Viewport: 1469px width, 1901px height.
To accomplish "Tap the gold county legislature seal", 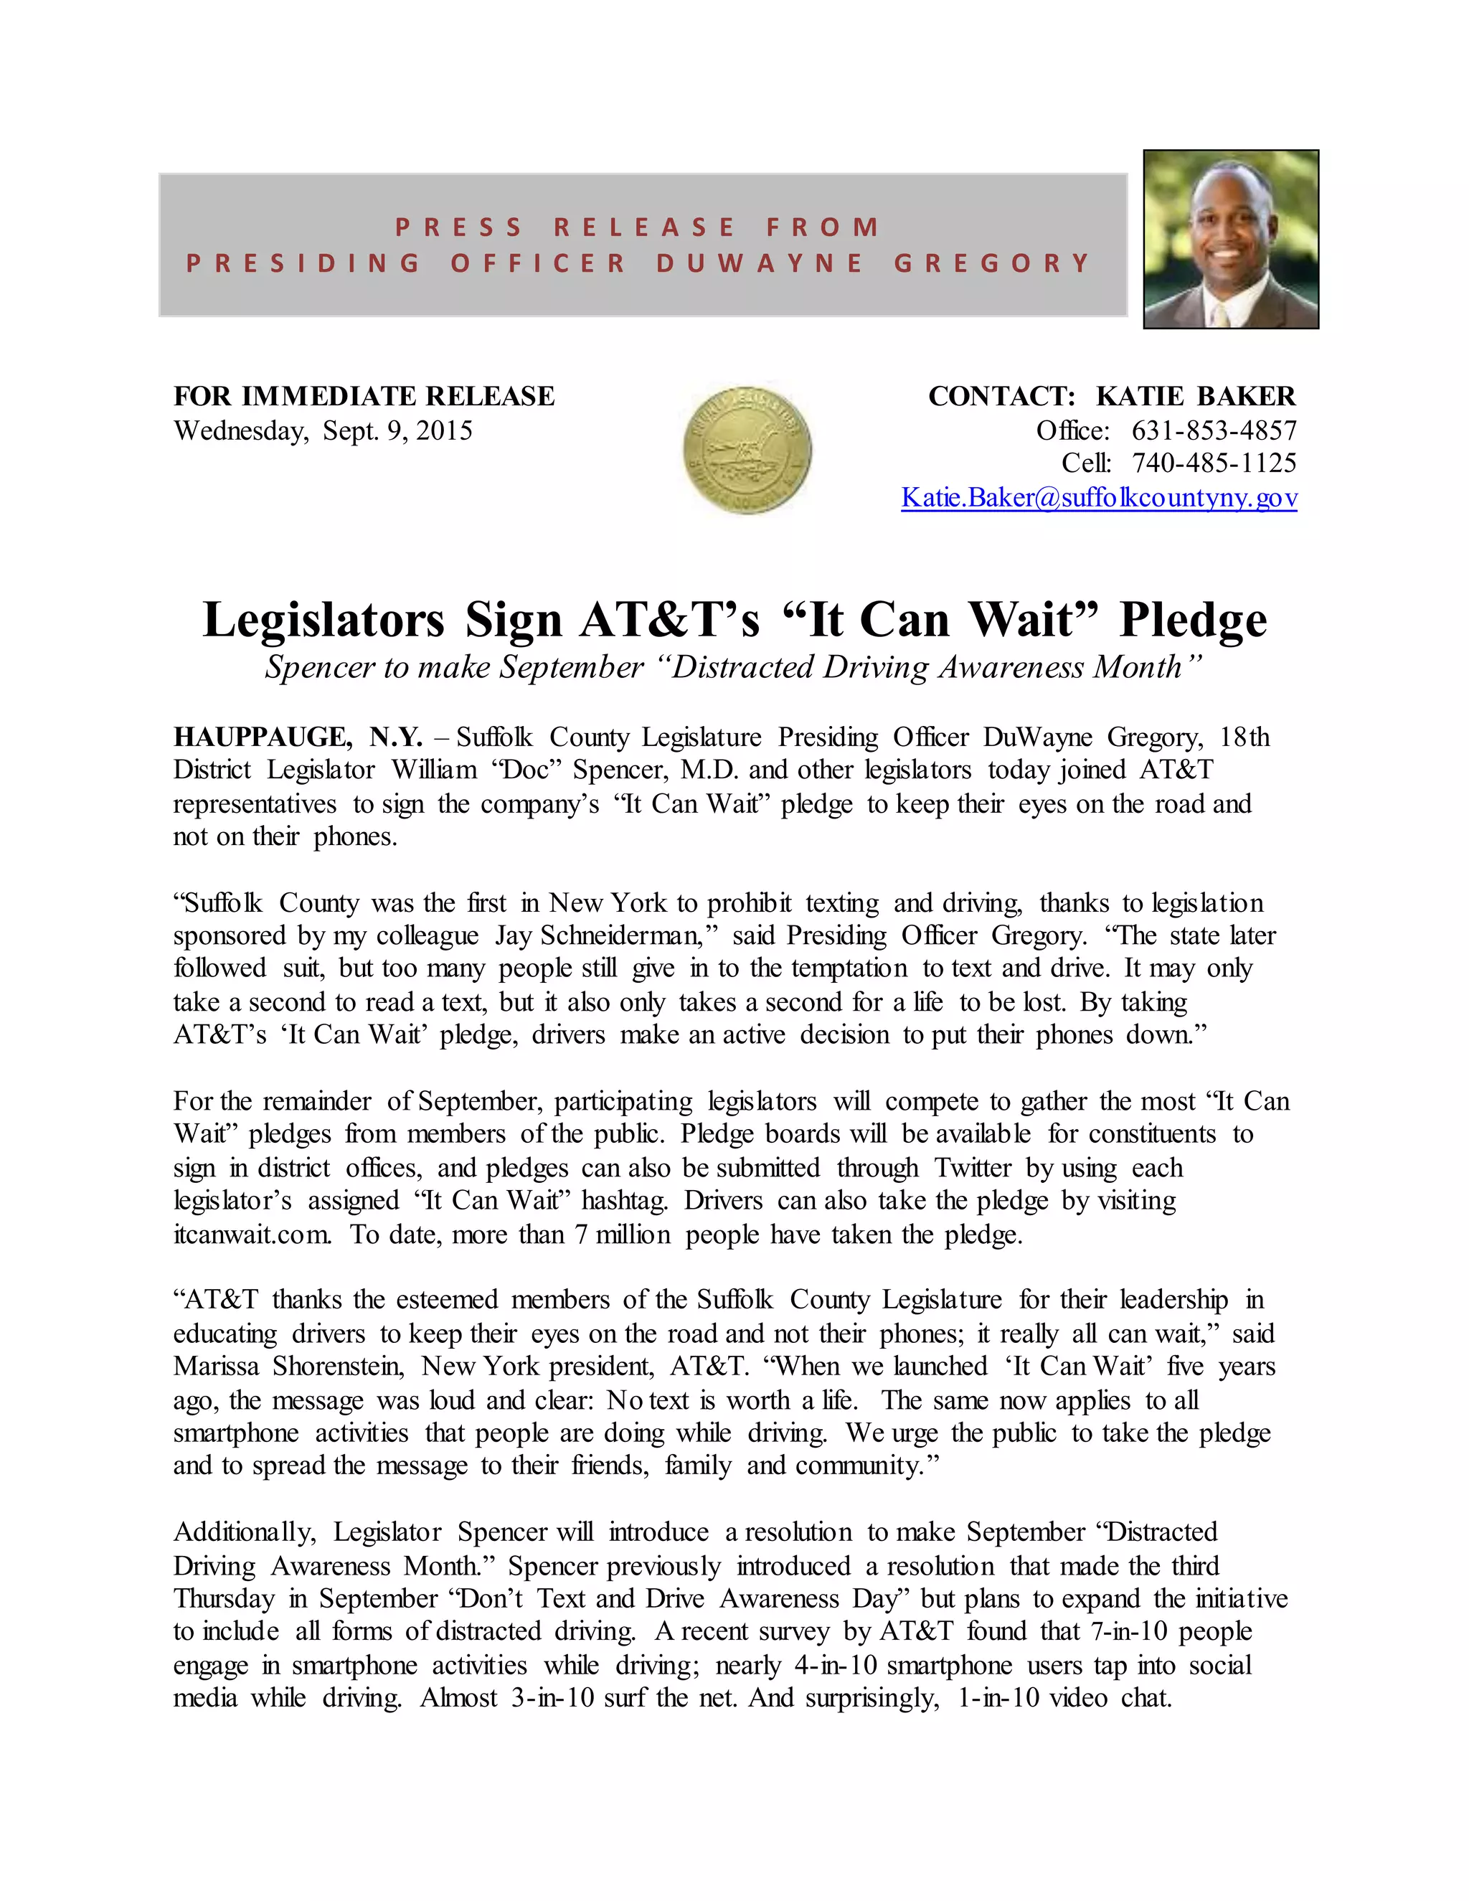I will tap(747, 450).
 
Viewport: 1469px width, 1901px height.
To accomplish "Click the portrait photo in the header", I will tap(1231, 240).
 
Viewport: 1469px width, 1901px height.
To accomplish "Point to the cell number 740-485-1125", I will tap(1214, 463).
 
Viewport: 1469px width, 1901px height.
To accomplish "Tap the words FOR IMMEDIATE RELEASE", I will tap(364, 397).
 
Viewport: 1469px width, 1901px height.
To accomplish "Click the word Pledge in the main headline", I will tap(1193, 621).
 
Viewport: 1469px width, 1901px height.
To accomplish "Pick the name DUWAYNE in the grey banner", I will tap(760, 263).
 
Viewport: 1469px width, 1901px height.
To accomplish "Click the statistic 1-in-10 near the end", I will tap(998, 1697).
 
